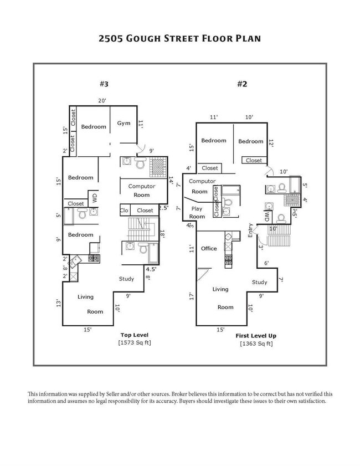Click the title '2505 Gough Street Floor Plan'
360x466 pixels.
[179, 39]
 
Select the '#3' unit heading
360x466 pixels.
[104, 84]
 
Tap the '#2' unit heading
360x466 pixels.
[241, 84]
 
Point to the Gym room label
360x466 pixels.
[124, 123]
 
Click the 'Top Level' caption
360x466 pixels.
[134, 335]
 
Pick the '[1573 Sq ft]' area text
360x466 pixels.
[134, 342]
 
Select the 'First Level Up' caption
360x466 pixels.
[256, 336]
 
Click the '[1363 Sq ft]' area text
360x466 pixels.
[256, 344]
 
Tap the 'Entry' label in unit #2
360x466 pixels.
[250, 230]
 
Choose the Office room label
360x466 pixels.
[209, 248]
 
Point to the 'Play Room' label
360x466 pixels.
[198, 213]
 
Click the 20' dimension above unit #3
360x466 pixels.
[102, 101]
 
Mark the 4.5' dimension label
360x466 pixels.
[152, 269]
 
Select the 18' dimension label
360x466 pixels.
[162, 235]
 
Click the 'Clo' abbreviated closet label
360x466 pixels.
[125, 211]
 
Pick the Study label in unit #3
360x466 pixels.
[126, 279]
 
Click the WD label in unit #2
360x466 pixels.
[267, 216]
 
